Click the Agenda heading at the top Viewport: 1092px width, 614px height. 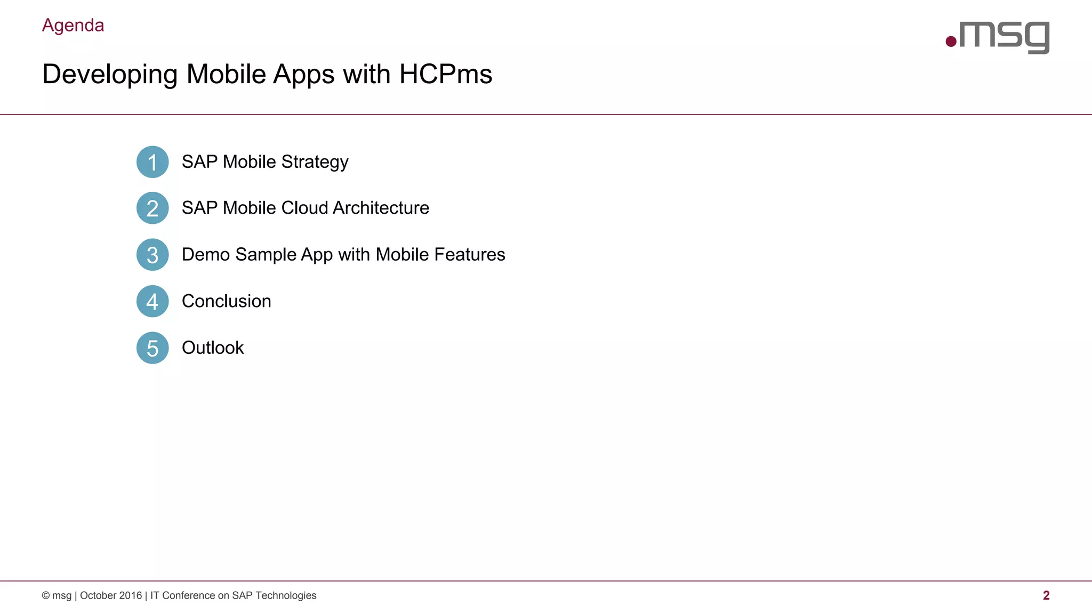pos(73,26)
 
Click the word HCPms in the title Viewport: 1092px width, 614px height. pos(445,74)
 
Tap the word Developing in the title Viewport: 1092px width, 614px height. pos(109,75)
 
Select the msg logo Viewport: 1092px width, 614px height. pos(998,37)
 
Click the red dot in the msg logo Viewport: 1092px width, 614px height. pos(951,42)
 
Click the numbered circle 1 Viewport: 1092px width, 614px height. pos(152,162)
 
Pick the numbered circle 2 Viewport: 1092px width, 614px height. pos(152,208)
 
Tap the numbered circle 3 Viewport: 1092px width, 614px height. pos(152,255)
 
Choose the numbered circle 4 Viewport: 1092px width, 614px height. pos(152,301)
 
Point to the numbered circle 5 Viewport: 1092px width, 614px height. pos(152,348)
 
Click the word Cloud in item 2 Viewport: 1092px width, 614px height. pos(304,208)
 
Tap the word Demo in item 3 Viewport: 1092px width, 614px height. pos(206,255)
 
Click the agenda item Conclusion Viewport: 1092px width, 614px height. pos(226,301)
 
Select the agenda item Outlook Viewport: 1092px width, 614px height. pos(213,348)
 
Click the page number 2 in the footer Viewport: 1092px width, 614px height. pos(1046,595)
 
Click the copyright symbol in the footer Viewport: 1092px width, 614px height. pos(46,595)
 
